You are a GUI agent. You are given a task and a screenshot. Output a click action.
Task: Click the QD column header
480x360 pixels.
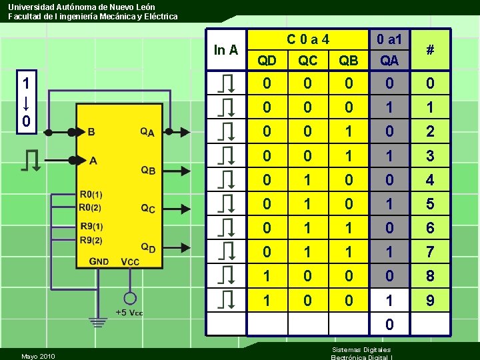267,61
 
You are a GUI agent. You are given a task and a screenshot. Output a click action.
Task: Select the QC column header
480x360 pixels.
308,61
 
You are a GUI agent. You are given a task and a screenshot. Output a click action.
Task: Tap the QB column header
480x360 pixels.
349,61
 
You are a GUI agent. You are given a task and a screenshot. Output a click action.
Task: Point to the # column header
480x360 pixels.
430,49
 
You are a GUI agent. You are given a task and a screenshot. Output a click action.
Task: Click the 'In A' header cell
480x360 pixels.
226,49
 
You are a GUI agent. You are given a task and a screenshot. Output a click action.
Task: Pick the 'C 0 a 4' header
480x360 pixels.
308,39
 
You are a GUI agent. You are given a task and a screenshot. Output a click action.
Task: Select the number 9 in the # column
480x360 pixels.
430,301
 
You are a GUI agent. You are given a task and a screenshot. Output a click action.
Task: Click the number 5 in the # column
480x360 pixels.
430,204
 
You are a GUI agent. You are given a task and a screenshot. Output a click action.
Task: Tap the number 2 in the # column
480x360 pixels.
430,131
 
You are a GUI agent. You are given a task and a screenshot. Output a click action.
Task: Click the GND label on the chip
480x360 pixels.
99,261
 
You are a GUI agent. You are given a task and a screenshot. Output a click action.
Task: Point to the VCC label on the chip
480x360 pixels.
130,261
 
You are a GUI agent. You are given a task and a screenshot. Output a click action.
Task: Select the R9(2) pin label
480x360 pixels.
91,240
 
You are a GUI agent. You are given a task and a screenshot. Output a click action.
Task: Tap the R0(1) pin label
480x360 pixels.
91,195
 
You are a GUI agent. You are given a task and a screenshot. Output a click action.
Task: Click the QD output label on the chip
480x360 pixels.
148,248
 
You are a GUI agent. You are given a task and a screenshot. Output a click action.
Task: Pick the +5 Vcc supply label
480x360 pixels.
129,313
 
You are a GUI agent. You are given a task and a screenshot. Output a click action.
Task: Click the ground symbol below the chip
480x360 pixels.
99,323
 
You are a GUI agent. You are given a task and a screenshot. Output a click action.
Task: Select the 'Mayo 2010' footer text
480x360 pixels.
38,356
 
